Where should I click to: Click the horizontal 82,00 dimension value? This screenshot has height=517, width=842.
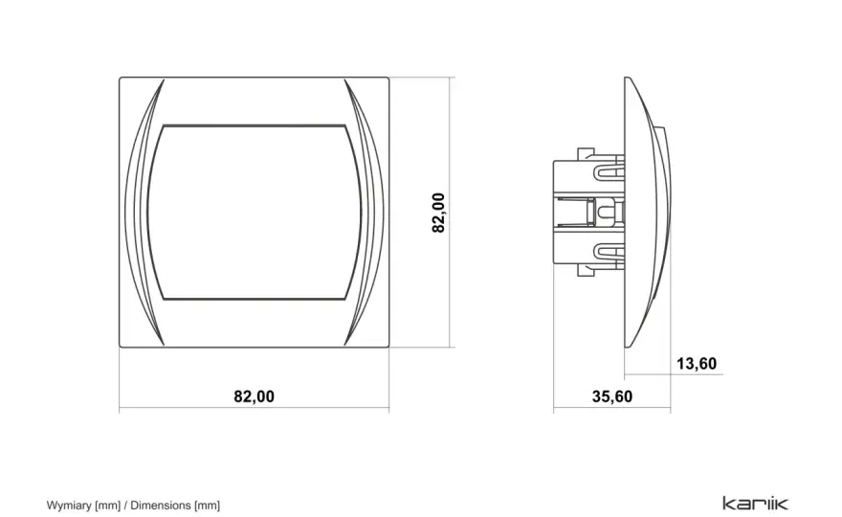tap(254, 396)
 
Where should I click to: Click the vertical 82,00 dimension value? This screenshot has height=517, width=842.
tap(438, 213)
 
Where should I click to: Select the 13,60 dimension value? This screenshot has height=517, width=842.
tap(697, 364)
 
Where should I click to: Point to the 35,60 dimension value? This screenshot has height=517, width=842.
tap(612, 396)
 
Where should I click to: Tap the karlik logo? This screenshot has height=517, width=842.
tap(756, 503)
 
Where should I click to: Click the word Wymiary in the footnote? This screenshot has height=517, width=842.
tap(69, 506)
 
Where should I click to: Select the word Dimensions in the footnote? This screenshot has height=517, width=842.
tap(161, 506)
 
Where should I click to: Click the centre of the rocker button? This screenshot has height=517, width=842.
tap(254, 213)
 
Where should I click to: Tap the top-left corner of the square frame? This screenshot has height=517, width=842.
tap(120, 78)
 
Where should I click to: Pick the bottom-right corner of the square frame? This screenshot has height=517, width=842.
tap(388, 348)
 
